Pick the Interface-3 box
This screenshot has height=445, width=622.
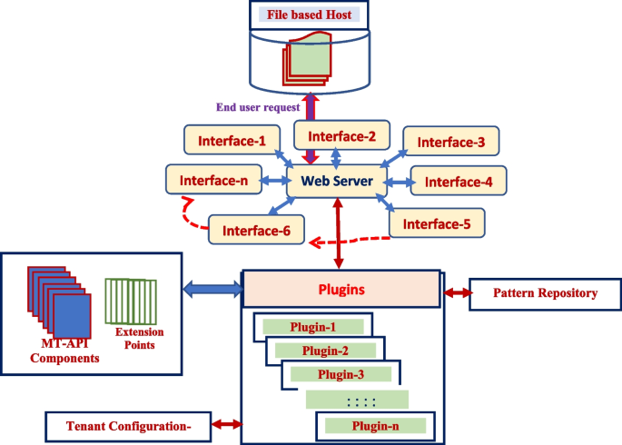pyautogui.click(x=451, y=143)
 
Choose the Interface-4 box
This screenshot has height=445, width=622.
pyautogui.click(x=459, y=182)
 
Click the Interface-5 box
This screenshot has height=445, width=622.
pyautogui.click(x=438, y=222)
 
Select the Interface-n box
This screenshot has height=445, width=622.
pyautogui.click(x=213, y=179)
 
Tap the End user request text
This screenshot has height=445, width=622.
pyautogui.click(x=260, y=106)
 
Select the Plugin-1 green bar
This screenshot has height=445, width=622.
pyautogui.click(x=312, y=326)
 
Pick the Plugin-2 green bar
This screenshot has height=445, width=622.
pyautogui.click(x=325, y=350)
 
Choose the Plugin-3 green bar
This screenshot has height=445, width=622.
pyautogui.click(x=341, y=373)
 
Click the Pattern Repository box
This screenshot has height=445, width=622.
pyautogui.click(x=545, y=294)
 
